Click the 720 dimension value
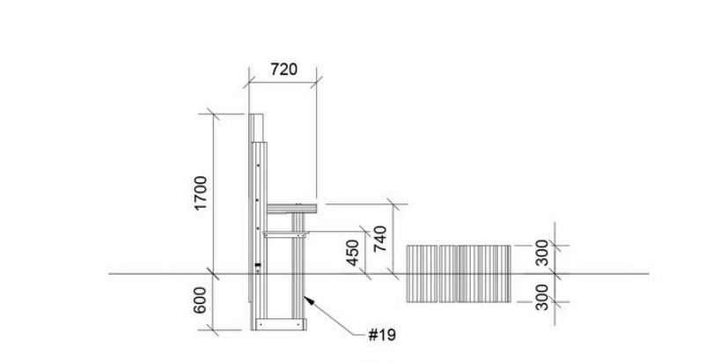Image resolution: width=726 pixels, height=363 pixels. pyautogui.click(x=283, y=70)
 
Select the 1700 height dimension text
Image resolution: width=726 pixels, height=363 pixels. pyautogui.click(x=201, y=193)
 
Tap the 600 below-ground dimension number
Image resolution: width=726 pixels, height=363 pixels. pyautogui.click(x=200, y=300)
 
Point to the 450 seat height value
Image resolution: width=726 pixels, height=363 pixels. pyautogui.click(x=353, y=253)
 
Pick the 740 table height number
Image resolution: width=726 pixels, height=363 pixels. pyautogui.click(x=380, y=238)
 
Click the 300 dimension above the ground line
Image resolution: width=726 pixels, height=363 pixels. pyautogui.click(x=541, y=253)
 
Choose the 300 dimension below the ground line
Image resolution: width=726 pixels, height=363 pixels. pyautogui.click(x=541, y=297)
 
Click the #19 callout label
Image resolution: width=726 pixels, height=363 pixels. pyautogui.click(x=382, y=335)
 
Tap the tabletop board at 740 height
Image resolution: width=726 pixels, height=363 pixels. pyautogui.click(x=291, y=209)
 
